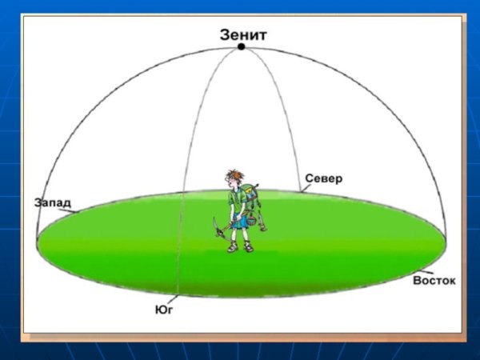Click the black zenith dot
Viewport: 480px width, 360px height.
[x=242, y=46]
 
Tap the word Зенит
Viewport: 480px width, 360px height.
[x=243, y=35]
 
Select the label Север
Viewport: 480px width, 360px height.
[x=323, y=178]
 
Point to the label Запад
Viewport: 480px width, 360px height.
[x=52, y=203]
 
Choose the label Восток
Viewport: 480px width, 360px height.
[x=434, y=281]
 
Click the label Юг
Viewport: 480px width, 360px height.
[x=164, y=310]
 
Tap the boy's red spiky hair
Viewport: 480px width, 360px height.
[x=235, y=174]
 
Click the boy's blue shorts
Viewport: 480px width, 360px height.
[x=239, y=221]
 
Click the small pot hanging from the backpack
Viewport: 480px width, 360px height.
[x=252, y=221]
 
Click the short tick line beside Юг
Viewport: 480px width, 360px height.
[x=173, y=298]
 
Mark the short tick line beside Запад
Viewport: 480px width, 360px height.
[x=67, y=210]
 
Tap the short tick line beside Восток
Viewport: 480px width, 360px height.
[x=426, y=272]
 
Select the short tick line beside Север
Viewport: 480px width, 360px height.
[x=304, y=188]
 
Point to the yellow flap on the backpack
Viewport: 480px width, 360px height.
[x=250, y=192]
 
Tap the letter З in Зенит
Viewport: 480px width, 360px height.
[x=224, y=35]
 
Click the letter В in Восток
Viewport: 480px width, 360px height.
[x=417, y=281]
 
